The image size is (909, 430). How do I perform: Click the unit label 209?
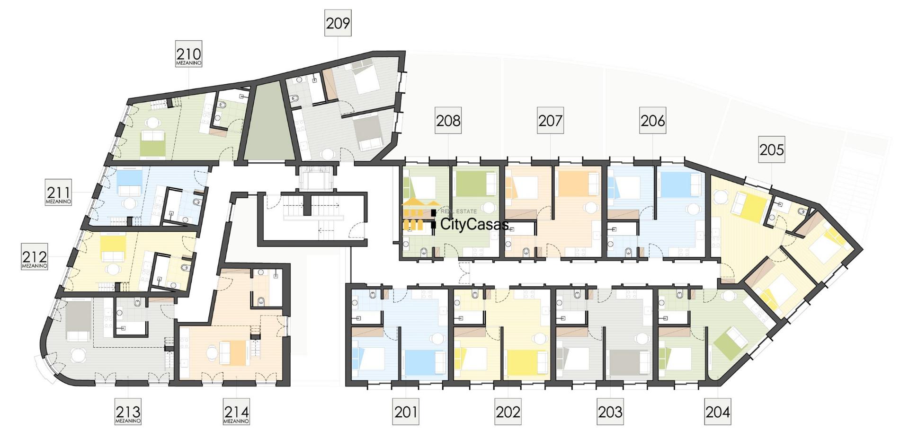[338, 23]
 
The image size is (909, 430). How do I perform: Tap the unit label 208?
[448, 121]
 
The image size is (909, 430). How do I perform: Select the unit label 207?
[550, 121]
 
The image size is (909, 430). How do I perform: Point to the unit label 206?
[652, 121]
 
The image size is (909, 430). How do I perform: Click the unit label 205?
[772, 149]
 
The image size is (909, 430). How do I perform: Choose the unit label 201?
[406, 412]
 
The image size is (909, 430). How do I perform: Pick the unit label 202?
[508, 412]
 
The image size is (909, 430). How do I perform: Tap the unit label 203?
[610, 412]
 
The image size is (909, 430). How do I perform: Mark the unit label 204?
[718, 412]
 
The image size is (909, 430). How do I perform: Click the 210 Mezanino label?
[188, 54]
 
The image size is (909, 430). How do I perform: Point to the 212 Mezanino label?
[35, 257]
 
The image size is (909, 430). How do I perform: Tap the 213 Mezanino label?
[128, 412]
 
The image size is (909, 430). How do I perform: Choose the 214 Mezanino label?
[236, 412]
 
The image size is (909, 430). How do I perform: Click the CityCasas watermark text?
[474, 224]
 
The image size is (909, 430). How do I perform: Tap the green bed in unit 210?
[152, 144]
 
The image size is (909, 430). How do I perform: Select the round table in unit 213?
[78, 355]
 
